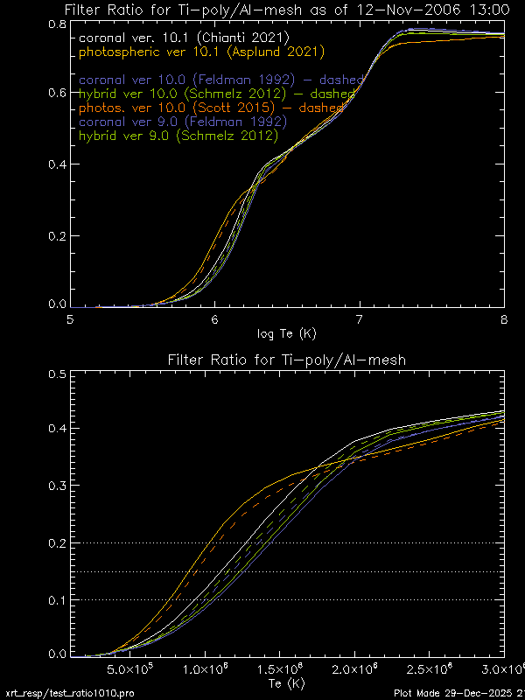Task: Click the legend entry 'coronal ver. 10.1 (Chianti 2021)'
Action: [183, 38]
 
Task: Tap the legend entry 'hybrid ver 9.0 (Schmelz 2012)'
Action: [178, 136]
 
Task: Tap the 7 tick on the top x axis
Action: [360, 320]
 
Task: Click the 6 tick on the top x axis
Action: [215, 320]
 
